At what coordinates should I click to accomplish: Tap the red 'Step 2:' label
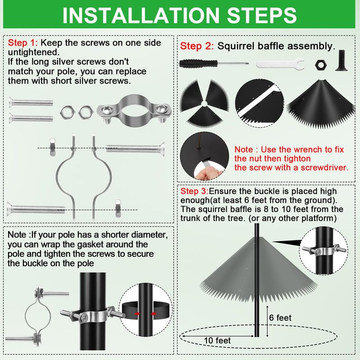coord(197,46)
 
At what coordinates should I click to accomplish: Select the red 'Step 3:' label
coord(194,191)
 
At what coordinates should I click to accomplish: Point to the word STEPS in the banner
coord(262,15)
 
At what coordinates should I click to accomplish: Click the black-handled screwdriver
coord(214,63)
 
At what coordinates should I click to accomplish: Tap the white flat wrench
coord(280,64)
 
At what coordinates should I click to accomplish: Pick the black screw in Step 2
coord(342,60)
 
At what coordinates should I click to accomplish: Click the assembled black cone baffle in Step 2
coord(321,103)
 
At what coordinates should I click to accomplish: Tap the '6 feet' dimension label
coord(280,318)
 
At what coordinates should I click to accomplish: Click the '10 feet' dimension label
coord(217,340)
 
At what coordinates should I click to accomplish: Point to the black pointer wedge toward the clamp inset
coord(287,243)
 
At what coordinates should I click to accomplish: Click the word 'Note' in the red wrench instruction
coord(243,149)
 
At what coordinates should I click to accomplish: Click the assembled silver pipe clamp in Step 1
coord(134,110)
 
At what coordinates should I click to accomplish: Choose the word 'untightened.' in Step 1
coord(34,52)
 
